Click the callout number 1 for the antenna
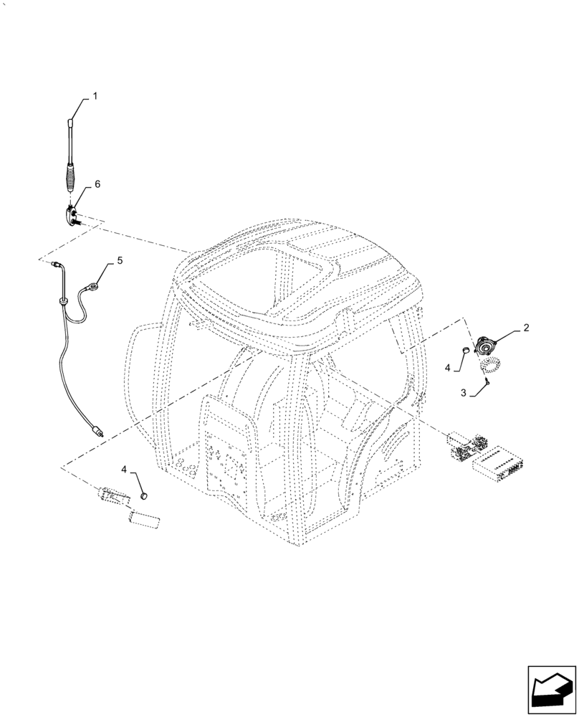95,95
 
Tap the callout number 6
97,184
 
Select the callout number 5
120,261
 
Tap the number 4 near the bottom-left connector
125,469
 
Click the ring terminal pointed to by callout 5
94,289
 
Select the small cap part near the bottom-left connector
143,495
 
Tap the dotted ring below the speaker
489,365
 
